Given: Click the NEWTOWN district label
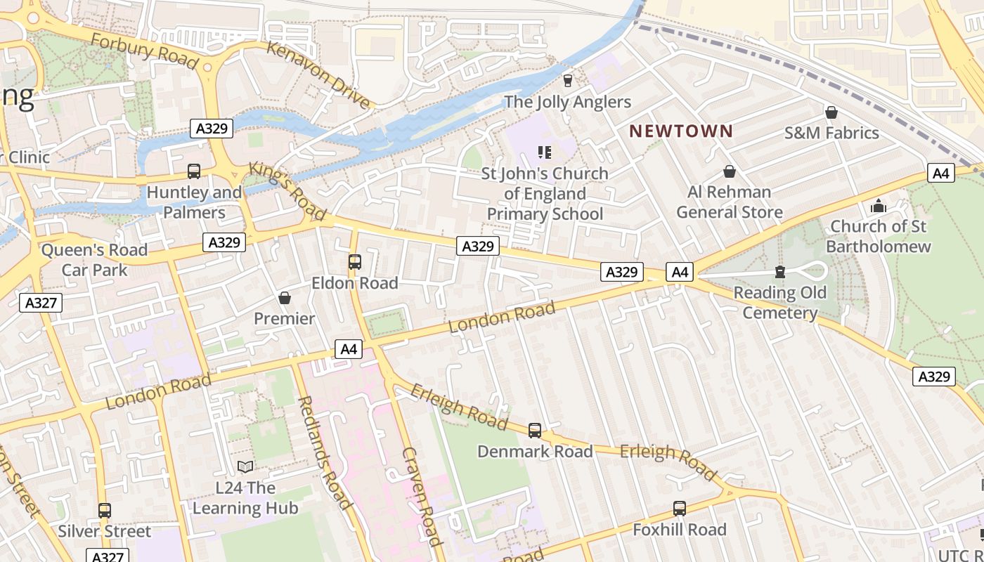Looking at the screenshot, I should tap(680, 131).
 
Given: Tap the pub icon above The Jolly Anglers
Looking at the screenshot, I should tap(568, 80).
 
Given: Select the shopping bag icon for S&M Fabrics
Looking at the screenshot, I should tap(831, 112).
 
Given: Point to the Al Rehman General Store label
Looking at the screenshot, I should tap(729, 202).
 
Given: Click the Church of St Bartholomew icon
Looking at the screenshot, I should tap(878, 206).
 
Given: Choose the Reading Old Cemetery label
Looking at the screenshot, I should tap(779, 303).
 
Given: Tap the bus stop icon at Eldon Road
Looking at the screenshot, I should tap(355, 262).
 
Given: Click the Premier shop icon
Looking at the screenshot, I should tap(285, 298).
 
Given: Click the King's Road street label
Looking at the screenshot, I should tap(287, 192).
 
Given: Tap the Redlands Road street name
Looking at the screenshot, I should tap(324, 452).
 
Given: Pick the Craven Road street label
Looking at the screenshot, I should tap(422, 496).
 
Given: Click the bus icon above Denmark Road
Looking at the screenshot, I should tap(535, 431).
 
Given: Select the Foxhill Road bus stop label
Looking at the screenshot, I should tap(679, 530).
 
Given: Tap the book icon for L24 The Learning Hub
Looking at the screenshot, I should tap(245, 466).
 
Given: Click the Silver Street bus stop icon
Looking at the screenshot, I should tap(105, 511).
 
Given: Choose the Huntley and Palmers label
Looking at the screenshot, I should tap(194, 202).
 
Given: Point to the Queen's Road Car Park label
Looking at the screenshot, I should tap(94, 260).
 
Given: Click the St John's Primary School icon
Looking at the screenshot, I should tap(544, 152).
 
